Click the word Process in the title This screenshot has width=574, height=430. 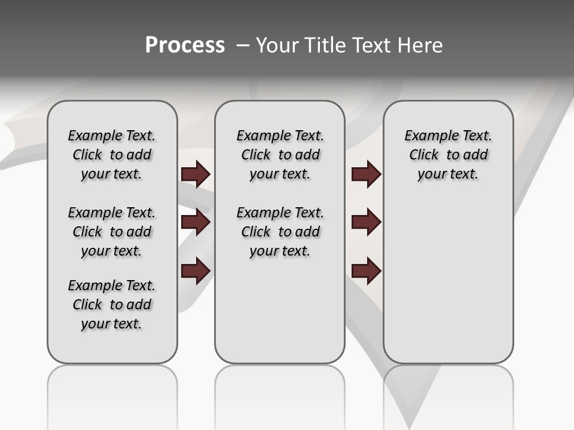point(185,45)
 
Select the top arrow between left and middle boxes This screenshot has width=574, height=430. point(196,174)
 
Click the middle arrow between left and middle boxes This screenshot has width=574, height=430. point(196,222)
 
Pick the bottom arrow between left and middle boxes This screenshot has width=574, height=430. point(196,271)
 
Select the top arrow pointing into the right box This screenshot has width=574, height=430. point(366,174)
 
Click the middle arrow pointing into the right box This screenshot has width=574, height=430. point(366,222)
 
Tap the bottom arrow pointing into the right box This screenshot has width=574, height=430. point(366,271)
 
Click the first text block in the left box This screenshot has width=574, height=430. point(112,155)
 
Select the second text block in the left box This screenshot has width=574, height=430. point(112,232)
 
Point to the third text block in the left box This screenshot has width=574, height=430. point(112,305)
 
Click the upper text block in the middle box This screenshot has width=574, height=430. point(280,155)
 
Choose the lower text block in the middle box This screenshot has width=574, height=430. point(280,232)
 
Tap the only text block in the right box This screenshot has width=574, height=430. point(448,155)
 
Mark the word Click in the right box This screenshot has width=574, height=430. point(424,155)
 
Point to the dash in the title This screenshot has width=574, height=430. point(243,45)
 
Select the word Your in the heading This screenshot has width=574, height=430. point(276,45)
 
